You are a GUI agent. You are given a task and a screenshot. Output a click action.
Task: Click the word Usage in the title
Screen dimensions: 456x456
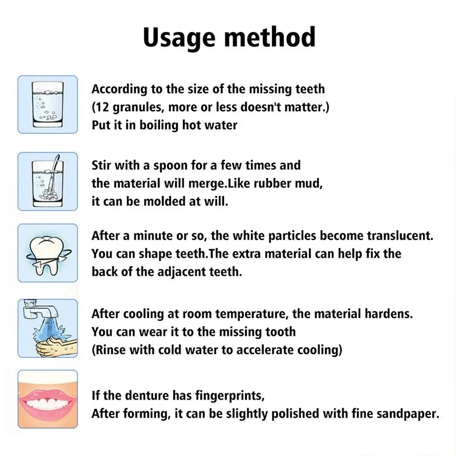point(178,38)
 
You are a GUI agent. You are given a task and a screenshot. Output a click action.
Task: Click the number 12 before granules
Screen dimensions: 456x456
point(103,107)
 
